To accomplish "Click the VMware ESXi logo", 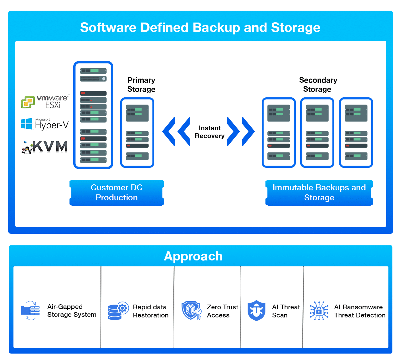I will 45,102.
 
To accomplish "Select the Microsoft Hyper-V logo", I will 44,124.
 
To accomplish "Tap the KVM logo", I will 44,147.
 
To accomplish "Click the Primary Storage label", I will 141,85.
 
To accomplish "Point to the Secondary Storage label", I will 318,85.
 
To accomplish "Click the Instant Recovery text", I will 209,132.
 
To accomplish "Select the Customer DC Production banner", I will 116,193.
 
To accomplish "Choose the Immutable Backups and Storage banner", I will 319,193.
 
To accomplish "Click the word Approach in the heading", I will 193,256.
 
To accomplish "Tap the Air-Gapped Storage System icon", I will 30,311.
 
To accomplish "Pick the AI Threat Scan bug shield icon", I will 256,311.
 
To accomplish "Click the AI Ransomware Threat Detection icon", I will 319,311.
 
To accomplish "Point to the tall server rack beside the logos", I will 93,115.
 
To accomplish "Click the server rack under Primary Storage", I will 137,133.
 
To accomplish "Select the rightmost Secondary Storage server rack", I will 356,133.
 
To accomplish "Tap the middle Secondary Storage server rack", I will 317,133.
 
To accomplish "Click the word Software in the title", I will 108,28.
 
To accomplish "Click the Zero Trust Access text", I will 222,311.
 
